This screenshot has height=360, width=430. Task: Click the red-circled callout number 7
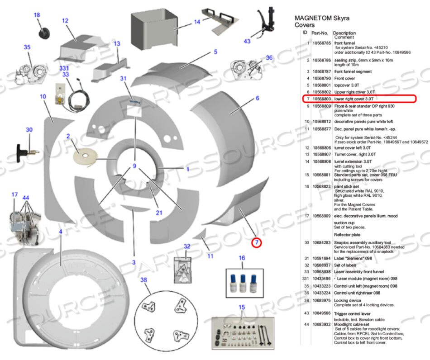coord(257,242)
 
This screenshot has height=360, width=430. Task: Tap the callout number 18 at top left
coord(37,15)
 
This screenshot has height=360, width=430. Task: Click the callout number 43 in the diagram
coord(247,41)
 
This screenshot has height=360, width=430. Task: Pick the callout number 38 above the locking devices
coord(144,280)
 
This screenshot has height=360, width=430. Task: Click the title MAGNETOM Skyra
coord(322,19)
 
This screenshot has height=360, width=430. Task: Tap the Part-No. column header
coord(321,33)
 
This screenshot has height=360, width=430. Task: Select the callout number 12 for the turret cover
coord(65,21)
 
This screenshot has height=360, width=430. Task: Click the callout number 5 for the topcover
coord(216,52)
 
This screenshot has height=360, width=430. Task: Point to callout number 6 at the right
coord(257,98)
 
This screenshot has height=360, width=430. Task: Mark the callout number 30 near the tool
coord(29,130)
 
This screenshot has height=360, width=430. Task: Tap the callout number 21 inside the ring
coord(159,213)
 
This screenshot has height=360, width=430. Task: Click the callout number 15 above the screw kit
coord(241,308)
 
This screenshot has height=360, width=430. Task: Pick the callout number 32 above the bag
coord(187,246)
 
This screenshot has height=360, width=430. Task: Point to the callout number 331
coord(64,68)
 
